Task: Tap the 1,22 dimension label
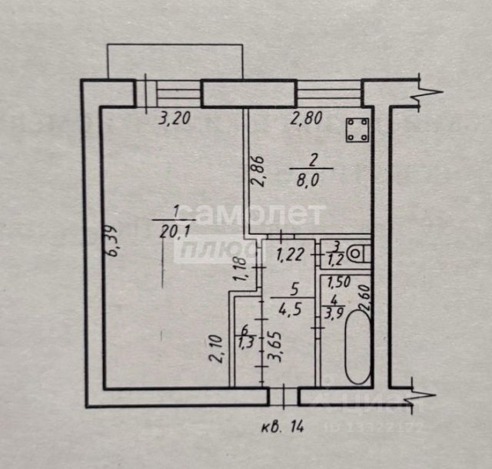point(289,254)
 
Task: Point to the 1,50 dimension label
point(338,282)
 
